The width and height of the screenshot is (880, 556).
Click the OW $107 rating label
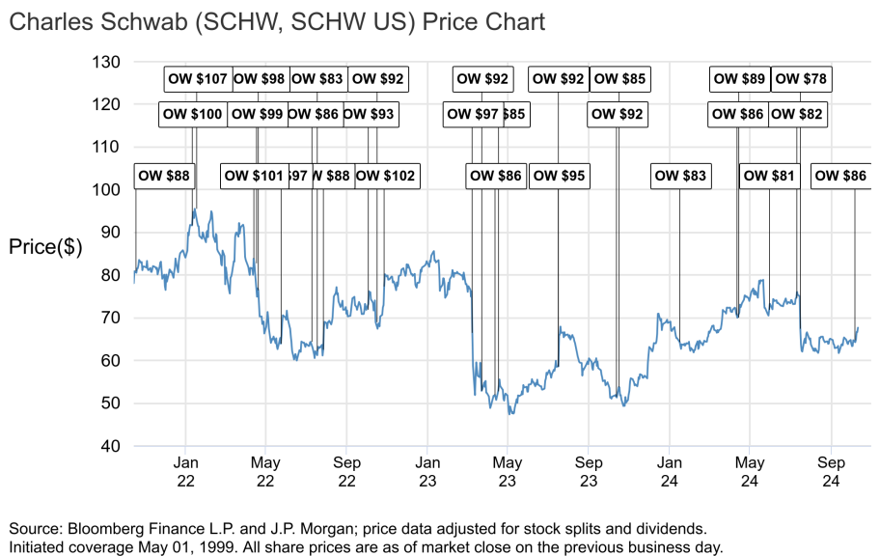coord(197,79)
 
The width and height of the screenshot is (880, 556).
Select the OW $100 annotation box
coord(193,115)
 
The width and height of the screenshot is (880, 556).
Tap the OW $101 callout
coord(255,176)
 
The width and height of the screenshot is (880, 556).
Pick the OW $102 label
coord(386,176)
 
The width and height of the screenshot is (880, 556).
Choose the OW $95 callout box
coord(559,176)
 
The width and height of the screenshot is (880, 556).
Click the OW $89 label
coord(738,79)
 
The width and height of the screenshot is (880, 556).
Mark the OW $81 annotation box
coord(770,176)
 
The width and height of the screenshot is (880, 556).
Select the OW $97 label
coord(473,115)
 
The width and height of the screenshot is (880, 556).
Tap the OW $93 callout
coord(369,115)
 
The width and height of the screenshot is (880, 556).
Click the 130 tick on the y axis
coord(107,63)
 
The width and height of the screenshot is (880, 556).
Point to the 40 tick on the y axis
coord(111,446)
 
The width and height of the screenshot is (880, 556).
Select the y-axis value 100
coord(107,190)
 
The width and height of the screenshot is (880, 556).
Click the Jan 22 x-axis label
coord(186,472)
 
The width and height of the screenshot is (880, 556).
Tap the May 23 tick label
coord(508,472)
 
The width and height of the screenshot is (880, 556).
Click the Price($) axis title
coord(45,247)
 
